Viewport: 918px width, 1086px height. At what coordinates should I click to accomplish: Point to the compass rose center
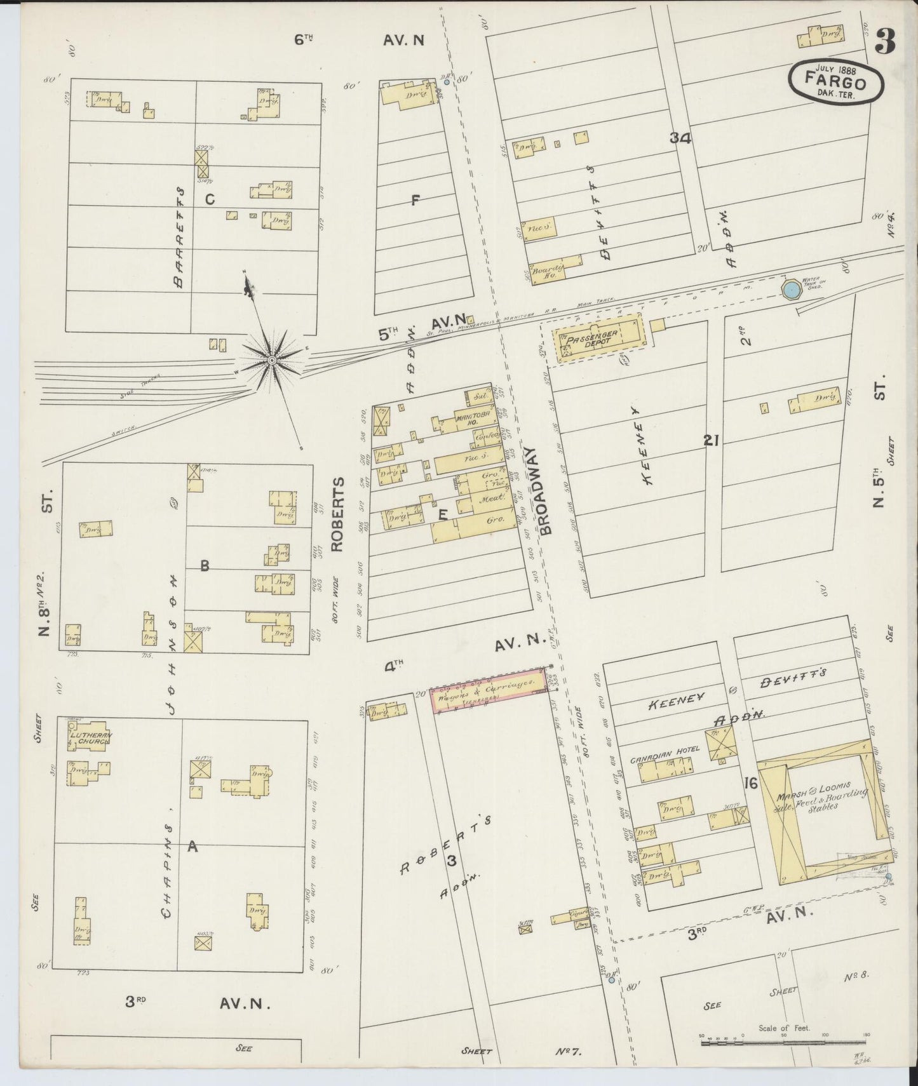[x=272, y=360]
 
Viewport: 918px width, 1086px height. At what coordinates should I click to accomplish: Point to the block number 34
[x=680, y=138]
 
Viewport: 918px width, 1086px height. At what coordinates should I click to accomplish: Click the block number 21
[x=711, y=439]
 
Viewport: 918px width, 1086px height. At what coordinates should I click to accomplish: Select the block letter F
[x=415, y=201]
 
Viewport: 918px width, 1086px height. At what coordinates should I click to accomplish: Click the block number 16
[x=750, y=783]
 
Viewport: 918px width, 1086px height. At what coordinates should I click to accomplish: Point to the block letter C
[x=210, y=199]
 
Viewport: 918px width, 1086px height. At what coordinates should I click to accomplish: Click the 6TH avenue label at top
[x=304, y=40]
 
